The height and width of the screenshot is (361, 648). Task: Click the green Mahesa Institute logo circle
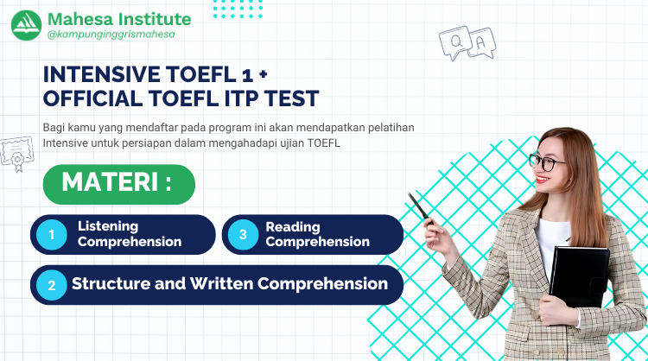pos(26,24)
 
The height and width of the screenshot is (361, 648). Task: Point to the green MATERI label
pos(118,184)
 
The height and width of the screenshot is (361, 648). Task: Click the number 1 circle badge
pos(52,234)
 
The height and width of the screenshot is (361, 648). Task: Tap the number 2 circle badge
pos(52,285)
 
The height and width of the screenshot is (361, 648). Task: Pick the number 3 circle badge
pos(244,234)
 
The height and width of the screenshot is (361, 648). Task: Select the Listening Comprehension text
pos(130,234)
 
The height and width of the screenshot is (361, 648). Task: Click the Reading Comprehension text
pos(317,234)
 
